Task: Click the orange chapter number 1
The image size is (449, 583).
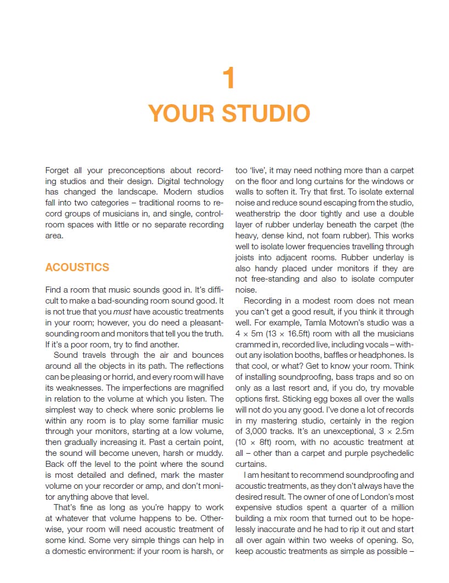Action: point(229,78)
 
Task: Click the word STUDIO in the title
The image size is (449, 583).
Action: point(266,113)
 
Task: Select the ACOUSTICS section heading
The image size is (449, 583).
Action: point(77,267)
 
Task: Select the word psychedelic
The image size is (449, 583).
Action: point(391,453)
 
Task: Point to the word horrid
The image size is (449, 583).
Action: point(134,377)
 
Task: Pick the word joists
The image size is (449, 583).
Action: point(248,258)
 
